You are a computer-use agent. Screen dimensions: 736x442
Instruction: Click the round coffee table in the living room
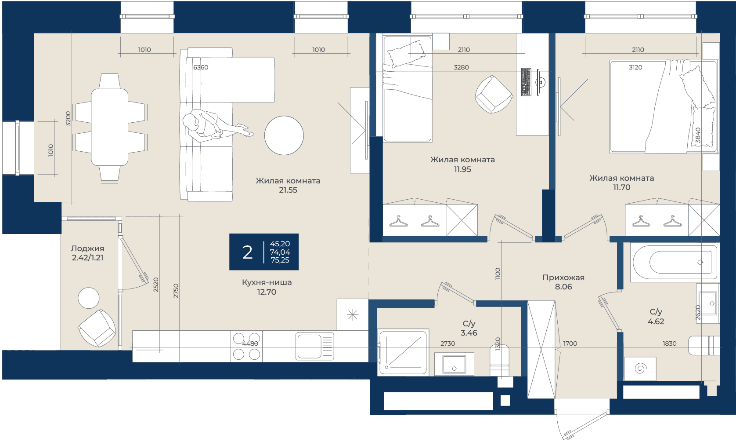284,135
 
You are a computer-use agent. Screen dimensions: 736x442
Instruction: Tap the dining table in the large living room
109,127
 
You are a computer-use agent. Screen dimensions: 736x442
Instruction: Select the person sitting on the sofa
213,126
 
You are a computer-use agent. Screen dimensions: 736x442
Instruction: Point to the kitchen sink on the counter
314,346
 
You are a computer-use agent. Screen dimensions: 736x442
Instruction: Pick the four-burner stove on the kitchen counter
246,346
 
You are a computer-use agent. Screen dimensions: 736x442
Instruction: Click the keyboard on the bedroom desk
526,82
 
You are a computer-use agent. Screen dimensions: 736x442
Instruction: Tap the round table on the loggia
88,298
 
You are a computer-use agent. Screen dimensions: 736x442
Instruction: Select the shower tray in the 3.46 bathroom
404,352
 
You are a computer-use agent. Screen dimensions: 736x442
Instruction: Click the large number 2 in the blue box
247,252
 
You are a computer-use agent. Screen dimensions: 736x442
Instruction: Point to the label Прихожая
563,278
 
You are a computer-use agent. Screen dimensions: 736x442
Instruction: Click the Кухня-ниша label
267,282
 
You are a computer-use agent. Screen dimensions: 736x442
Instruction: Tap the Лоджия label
87,248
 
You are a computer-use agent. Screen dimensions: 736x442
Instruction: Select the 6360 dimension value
201,67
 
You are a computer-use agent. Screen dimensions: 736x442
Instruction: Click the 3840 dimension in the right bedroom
698,135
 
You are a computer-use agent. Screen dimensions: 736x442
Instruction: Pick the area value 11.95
462,169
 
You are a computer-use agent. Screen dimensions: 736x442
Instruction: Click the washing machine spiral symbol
640,368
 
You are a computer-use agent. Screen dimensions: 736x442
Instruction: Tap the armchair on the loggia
97,328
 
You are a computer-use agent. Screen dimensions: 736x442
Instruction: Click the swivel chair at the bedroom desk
494,94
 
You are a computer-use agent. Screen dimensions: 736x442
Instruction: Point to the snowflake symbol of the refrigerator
353,314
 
